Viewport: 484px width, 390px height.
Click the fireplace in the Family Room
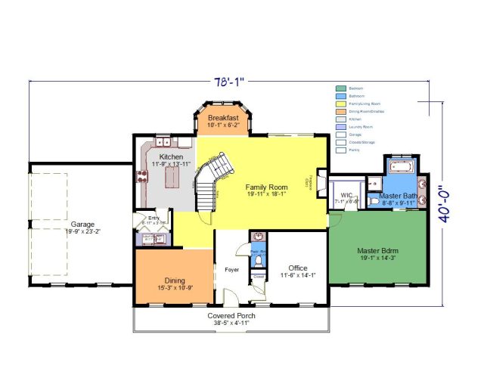point(320,182)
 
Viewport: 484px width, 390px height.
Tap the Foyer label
point(231,268)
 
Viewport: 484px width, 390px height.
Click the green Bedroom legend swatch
point(340,88)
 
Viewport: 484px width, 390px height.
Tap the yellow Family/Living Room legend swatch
point(340,104)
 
